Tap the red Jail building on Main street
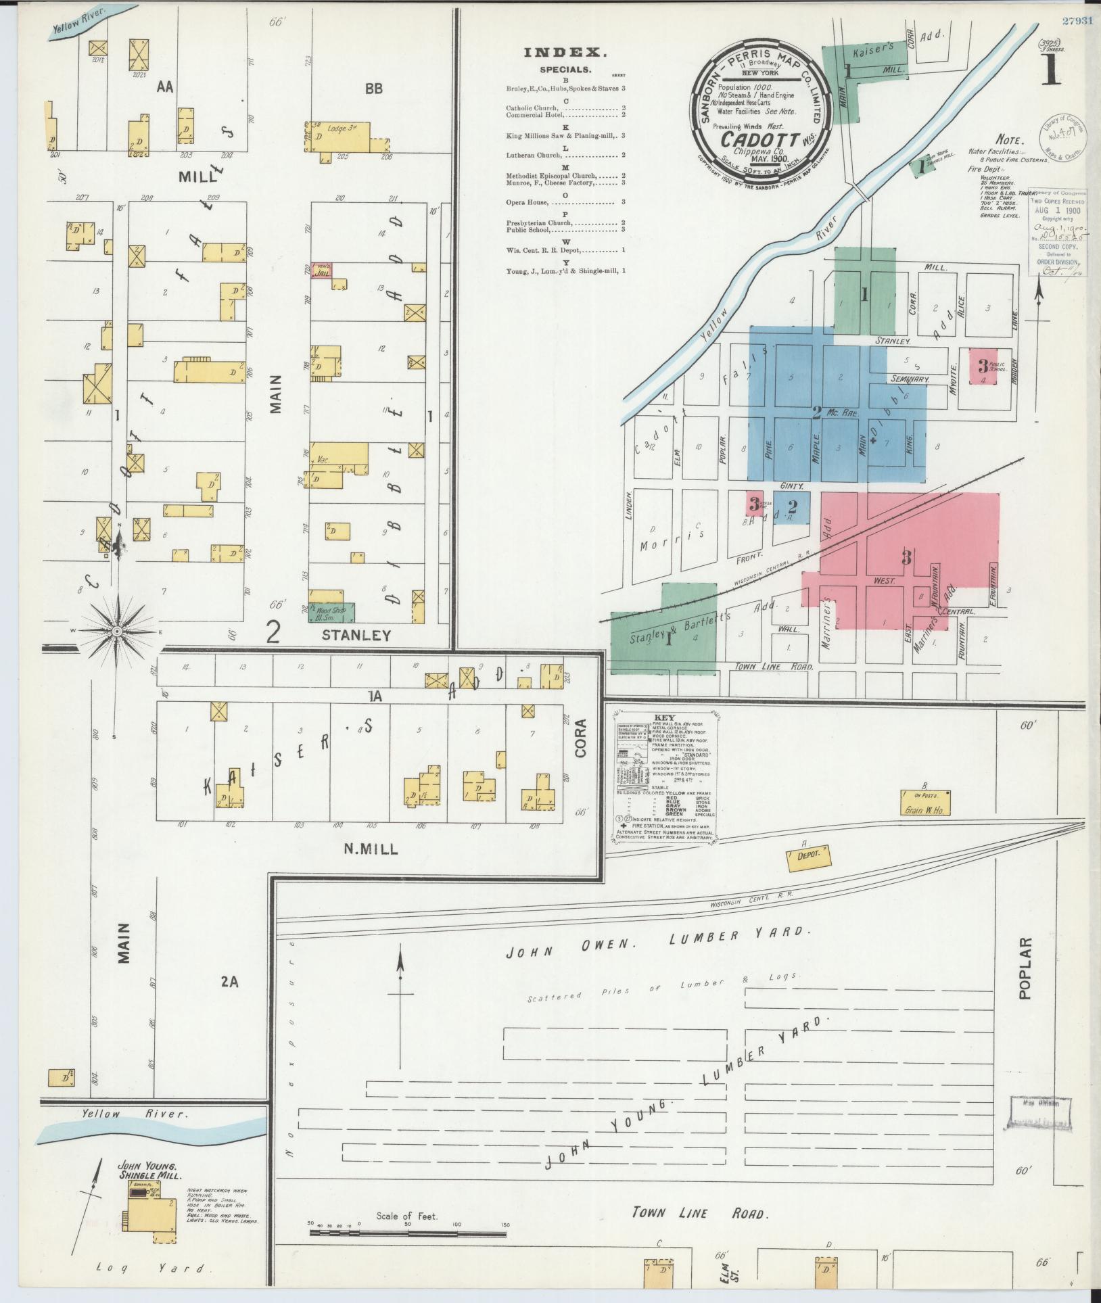(x=321, y=272)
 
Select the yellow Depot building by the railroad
(x=808, y=855)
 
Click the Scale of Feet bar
(x=408, y=1233)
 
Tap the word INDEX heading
(x=565, y=53)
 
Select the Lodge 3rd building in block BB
(x=345, y=141)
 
